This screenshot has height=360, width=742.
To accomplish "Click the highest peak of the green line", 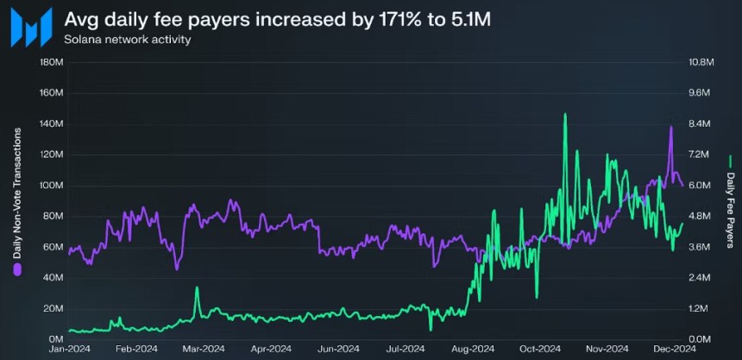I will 564,114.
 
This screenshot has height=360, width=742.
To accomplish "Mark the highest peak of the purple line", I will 670,127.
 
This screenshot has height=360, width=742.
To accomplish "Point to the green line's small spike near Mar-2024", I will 197,287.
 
